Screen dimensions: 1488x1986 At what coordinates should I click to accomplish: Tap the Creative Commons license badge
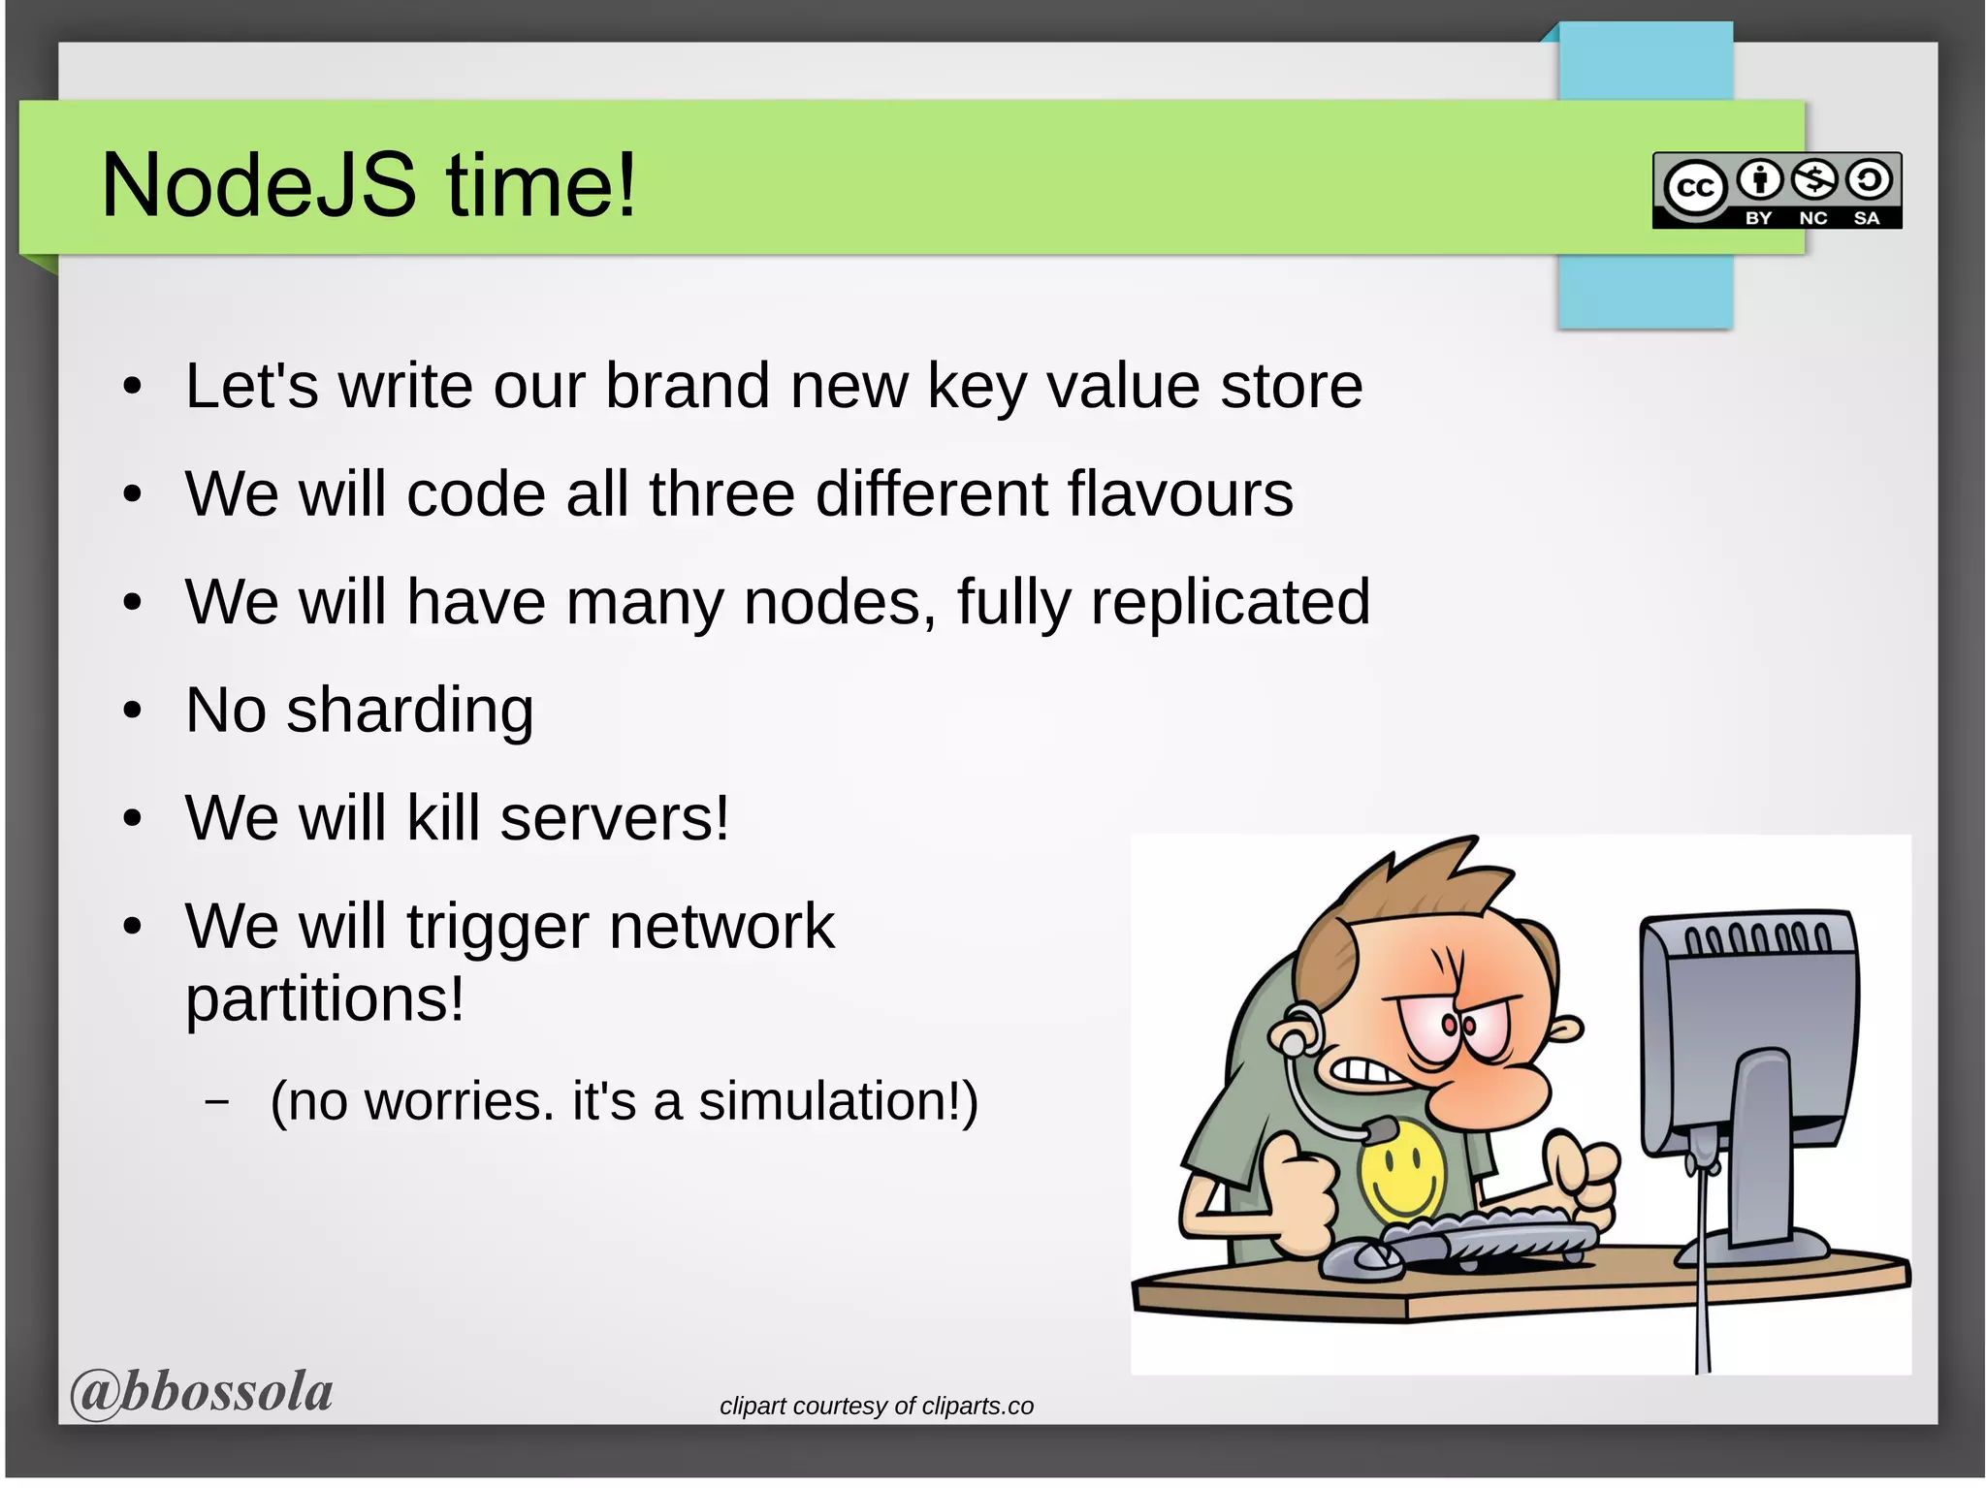1777,190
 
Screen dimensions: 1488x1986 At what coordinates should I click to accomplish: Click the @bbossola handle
202,1392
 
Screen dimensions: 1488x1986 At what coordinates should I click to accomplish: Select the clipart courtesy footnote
876,1406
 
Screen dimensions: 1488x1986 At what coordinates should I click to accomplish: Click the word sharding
409,711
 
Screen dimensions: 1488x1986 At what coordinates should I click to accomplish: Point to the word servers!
614,818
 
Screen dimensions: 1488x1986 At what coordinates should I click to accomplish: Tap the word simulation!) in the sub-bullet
838,1101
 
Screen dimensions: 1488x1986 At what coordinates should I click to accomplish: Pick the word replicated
1230,602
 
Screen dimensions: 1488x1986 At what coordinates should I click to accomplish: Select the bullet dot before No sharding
133,711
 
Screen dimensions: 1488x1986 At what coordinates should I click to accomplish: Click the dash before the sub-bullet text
217,1102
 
